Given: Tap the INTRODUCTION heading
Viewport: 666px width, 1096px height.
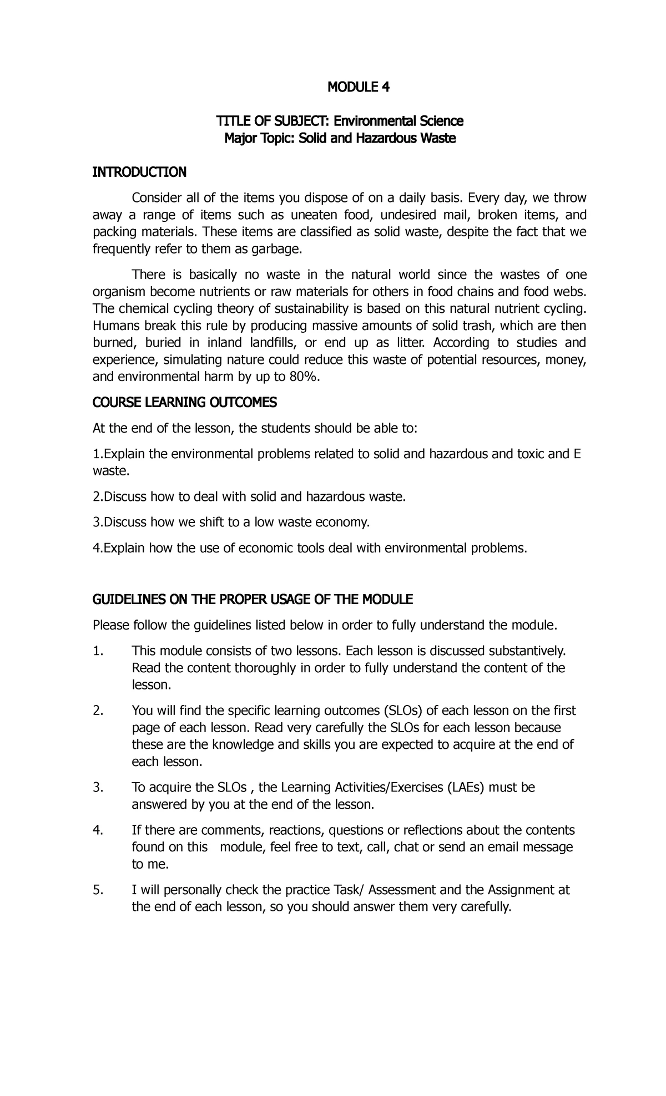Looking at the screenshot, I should [139, 172].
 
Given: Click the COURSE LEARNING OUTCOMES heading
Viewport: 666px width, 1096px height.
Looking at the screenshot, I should [184, 403].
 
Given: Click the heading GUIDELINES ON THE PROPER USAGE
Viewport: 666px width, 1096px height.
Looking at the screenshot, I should [253, 600].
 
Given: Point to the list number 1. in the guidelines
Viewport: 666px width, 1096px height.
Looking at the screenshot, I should [98, 651].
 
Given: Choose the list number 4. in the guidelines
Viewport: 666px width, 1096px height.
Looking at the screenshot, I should [98, 830].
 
